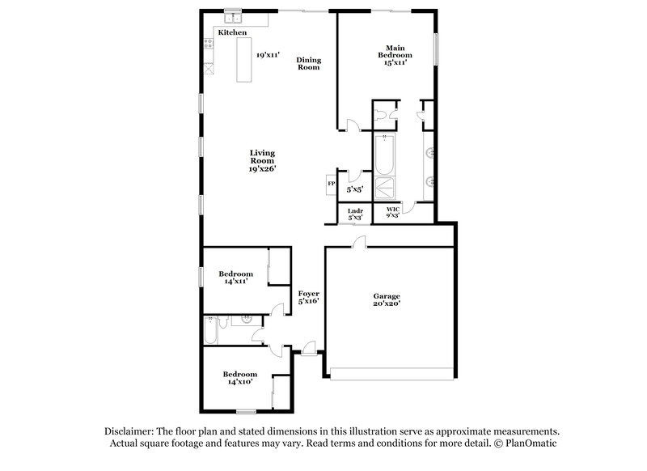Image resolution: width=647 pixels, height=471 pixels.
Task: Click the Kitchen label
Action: pyautogui.click(x=231, y=33)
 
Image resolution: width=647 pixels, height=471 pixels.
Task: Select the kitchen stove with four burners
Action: pyautogui.click(x=207, y=45)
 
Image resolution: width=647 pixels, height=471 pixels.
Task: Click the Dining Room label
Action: pyautogui.click(x=308, y=63)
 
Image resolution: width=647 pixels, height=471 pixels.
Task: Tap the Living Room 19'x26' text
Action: pyautogui.click(x=262, y=160)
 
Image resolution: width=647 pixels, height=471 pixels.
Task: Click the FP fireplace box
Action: pyautogui.click(x=331, y=184)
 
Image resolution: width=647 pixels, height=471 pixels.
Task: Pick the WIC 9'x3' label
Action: pyautogui.click(x=393, y=213)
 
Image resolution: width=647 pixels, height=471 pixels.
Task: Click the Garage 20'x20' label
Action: pyautogui.click(x=387, y=299)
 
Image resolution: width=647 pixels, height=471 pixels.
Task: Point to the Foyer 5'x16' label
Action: pyautogui.click(x=309, y=297)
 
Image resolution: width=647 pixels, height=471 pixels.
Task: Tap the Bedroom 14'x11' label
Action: pyautogui.click(x=235, y=278)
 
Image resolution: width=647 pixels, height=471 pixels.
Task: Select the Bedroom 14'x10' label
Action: pyautogui.click(x=239, y=377)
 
